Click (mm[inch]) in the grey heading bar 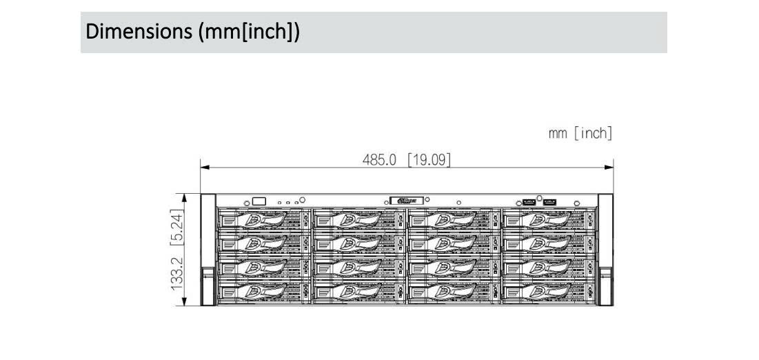click(249, 32)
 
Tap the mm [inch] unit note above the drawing click(580, 133)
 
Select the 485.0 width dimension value click(380, 160)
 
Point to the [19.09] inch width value click(429, 160)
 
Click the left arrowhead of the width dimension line click(203, 166)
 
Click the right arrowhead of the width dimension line click(610, 166)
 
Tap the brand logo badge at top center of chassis click(405, 201)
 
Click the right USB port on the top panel click(549, 201)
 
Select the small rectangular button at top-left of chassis click(259, 201)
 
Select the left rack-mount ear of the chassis click(208, 250)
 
